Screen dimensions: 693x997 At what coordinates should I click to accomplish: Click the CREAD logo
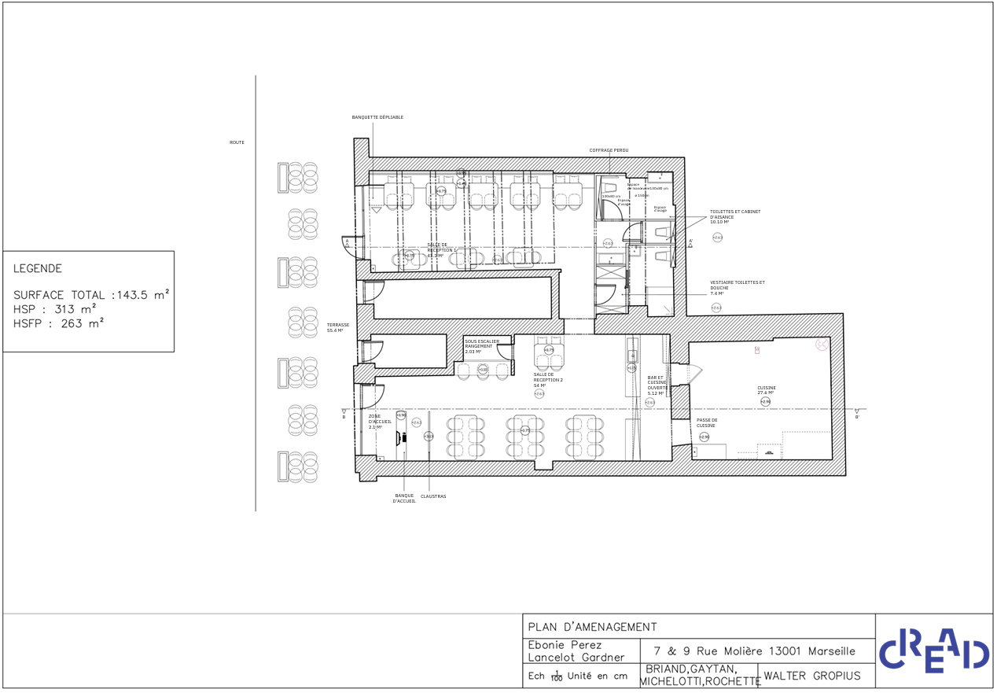[x=933, y=651]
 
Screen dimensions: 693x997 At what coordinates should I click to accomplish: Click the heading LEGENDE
[x=38, y=269]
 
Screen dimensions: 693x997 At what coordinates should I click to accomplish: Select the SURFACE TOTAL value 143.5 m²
[x=142, y=295]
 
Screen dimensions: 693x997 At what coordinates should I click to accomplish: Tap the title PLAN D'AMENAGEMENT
[x=592, y=627]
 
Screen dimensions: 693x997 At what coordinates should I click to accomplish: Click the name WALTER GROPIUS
[x=812, y=676]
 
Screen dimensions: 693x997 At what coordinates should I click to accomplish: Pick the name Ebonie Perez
[x=565, y=645]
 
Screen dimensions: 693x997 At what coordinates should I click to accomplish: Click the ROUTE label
[x=237, y=142]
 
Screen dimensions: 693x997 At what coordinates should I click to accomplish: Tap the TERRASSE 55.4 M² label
[x=338, y=328]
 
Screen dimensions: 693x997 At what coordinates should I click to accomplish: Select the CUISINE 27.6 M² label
[x=766, y=390]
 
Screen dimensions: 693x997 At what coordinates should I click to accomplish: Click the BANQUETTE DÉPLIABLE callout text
[x=377, y=117]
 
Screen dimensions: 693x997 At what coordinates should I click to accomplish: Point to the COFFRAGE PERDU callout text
[x=609, y=150]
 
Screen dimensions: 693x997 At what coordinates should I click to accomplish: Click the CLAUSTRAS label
[x=433, y=496]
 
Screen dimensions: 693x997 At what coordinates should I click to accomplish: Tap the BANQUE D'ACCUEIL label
[x=404, y=499]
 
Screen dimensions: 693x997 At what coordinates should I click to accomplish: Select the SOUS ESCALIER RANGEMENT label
[x=481, y=346]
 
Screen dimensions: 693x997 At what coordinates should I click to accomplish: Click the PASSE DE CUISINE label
[x=707, y=423]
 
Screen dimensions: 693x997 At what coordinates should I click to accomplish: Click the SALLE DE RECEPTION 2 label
[x=548, y=380]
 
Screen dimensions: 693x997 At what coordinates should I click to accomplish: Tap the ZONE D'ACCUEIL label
[x=380, y=422]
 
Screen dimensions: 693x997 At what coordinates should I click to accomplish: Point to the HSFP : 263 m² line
[x=59, y=323]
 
